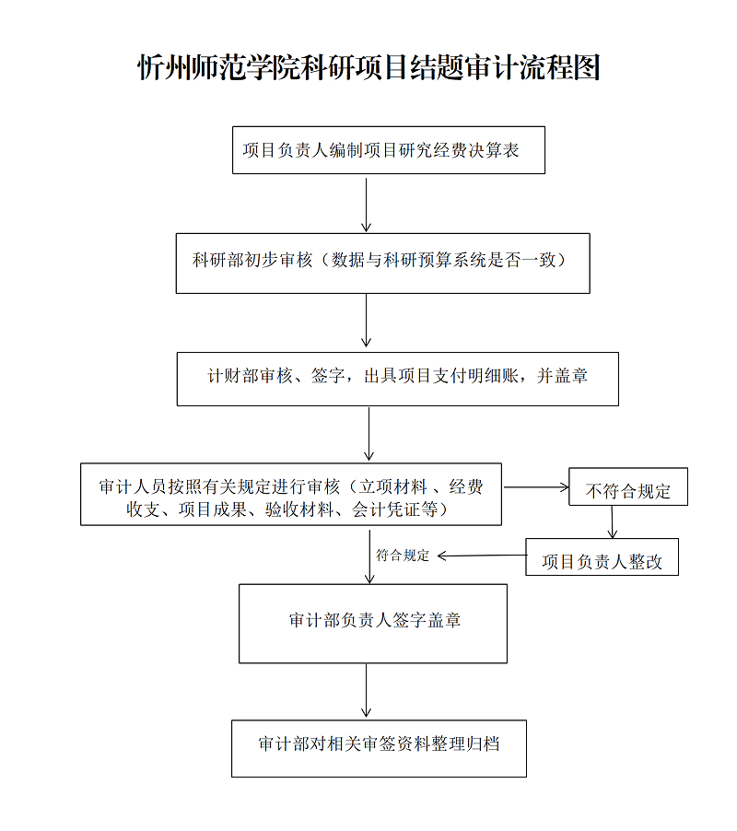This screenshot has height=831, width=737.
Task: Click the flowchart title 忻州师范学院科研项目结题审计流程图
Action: point(368,67)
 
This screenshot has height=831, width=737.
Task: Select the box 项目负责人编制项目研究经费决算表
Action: point(388,150)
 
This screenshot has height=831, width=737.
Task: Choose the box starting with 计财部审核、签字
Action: point(397,379)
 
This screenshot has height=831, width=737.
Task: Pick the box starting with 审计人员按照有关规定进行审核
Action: point(291,495)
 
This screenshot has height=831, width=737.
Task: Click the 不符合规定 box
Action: point(628,491)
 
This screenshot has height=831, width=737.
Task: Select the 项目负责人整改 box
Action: point(602,558)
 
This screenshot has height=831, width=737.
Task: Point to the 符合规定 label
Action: point(403,556)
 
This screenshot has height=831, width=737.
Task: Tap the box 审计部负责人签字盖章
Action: point(373,623)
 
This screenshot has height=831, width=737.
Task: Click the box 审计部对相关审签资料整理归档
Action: point(379,747)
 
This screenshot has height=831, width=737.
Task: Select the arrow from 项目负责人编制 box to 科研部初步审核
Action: point(367,204)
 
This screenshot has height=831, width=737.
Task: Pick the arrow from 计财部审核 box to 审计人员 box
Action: point(369,434)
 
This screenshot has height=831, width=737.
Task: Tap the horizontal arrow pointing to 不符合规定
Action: point(536,486)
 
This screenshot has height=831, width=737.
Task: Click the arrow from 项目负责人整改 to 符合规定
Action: point(481,555)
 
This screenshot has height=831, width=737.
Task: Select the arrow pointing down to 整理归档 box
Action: point(367,691)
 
